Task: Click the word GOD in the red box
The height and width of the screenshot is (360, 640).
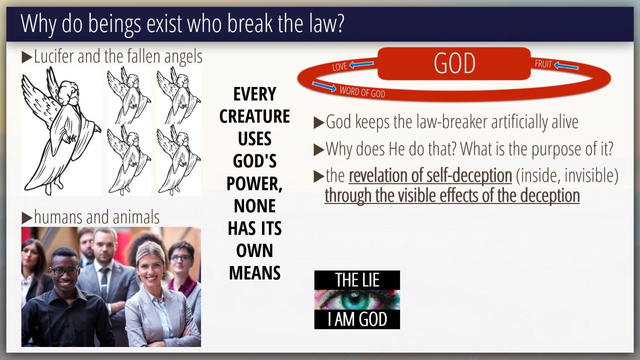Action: (x=454, y=63)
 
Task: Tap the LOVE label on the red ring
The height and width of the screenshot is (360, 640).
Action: (x=339, y=66)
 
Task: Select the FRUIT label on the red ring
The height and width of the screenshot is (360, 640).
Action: (x=543, y=64)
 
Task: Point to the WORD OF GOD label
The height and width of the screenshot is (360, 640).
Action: (x=362, y=92)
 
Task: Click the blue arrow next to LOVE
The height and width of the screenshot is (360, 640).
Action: (x=361, y=64)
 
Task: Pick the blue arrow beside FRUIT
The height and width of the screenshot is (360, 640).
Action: (x=566, y=66)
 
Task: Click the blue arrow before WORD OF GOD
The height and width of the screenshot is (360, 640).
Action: (x=324, y=86)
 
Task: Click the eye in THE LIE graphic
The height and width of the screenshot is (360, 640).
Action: (x=357, y=299)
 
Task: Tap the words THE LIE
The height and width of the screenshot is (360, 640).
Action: (x=357, y=279)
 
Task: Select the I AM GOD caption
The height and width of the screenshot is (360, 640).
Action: (x=357, y=319)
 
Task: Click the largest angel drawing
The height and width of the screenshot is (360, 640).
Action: (x=61, y=131)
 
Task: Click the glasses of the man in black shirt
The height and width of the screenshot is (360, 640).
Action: (x=64, y=271)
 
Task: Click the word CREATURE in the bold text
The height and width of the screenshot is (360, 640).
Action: (x=254, y=116)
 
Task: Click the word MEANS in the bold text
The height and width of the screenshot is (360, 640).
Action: (x=254, y=273)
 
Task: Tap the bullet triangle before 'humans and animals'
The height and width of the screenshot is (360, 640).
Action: (x=27, y=218)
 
